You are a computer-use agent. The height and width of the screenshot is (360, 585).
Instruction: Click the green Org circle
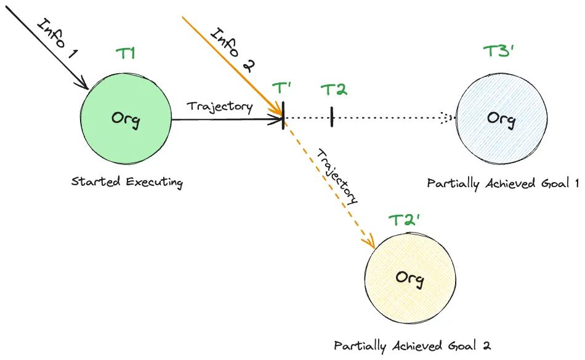point(126,118)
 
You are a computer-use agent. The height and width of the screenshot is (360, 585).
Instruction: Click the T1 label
point(126,54)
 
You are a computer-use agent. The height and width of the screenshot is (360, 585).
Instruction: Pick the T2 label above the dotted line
point(334,90)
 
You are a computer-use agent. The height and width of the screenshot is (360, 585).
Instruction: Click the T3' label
point(498,52)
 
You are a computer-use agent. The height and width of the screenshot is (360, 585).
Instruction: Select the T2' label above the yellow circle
point(405,220)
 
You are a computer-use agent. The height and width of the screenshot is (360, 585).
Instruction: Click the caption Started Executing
point(127,182)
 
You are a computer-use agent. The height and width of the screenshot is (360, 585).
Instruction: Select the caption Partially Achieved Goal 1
point(503,183)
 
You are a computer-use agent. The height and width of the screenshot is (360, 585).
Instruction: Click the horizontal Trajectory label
point(220,106)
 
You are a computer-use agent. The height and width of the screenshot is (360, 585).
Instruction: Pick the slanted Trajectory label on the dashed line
point(336,175)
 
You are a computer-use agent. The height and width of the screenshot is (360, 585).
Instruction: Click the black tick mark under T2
point(331,117)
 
